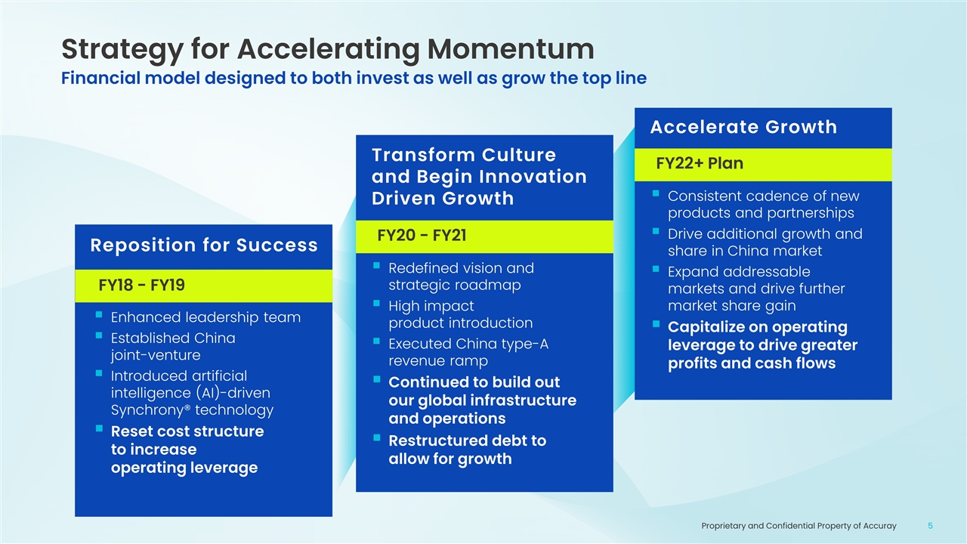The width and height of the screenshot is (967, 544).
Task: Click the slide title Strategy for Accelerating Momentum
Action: point(328,50)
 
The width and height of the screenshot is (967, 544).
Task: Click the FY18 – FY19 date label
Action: point(141,286)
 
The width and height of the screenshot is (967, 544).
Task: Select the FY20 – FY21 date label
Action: point(422,236)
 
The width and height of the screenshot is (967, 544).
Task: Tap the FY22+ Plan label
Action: point(700,164)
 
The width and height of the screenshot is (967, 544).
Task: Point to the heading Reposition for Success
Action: point(204,246)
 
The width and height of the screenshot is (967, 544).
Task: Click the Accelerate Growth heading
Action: point(743,128)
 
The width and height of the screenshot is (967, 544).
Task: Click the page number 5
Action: point(930,526)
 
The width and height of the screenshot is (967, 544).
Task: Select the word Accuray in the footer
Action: point(881,527)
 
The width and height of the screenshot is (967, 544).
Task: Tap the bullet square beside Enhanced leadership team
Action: point(99,315)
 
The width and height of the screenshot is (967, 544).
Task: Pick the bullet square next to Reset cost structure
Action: point(99,428)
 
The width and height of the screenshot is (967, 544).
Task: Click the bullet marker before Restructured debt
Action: point(376,437)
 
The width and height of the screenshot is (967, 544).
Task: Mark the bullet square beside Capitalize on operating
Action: point(656,324)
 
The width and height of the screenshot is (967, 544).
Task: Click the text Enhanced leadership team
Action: point(205,317)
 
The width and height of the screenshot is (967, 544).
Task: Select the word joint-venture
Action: point(156,355)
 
